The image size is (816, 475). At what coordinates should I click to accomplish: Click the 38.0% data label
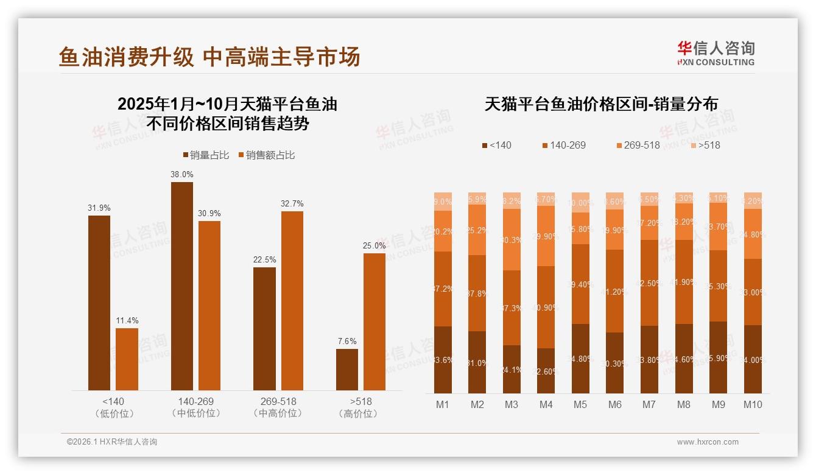pyautogui.click(x=182, y=174)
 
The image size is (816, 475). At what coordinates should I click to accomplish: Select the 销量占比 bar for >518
pyautogui.click(x=347, y=370)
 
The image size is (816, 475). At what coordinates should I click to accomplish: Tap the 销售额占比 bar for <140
pyautogui.click(x=127, y=359)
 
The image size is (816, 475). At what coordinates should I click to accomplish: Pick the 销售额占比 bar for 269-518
pyautogui.click(x=292, y=301)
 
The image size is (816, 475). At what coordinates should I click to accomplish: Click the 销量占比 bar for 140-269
pyautogui.click(x=182, y=286)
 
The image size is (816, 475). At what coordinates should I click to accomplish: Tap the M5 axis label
pyautogui.click(x=580, y=404)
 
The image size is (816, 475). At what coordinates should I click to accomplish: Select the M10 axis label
pyautogui.click(x=753, y=404)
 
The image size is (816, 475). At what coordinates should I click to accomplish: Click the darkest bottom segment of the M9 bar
pyautogui.click(x=719, y=357)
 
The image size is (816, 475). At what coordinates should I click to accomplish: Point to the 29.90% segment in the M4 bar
pyautogui.click(x=546, y=236)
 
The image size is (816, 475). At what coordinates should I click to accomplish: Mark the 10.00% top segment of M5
pyautogui.click(x=580, y=203)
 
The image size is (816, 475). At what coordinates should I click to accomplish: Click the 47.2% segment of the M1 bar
pyautogui.click(x=443, y=289)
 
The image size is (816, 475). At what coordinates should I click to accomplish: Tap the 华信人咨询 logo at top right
pyautogui.click(x=716, y=53)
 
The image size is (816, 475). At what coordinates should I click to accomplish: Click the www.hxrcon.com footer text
pyautogui.click(x=708, y=442)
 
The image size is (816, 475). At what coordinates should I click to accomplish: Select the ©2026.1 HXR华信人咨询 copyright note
pyautogui.click(x=112, y=442)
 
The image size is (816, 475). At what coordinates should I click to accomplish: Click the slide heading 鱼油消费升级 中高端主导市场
pyautogui.click(x=209, y=57)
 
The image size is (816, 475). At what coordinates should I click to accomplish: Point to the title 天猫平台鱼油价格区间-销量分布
pyautogui.click(x=600, y=104)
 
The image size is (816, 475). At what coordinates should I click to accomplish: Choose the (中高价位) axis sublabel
pyautogui.click(x=277, y=413)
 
